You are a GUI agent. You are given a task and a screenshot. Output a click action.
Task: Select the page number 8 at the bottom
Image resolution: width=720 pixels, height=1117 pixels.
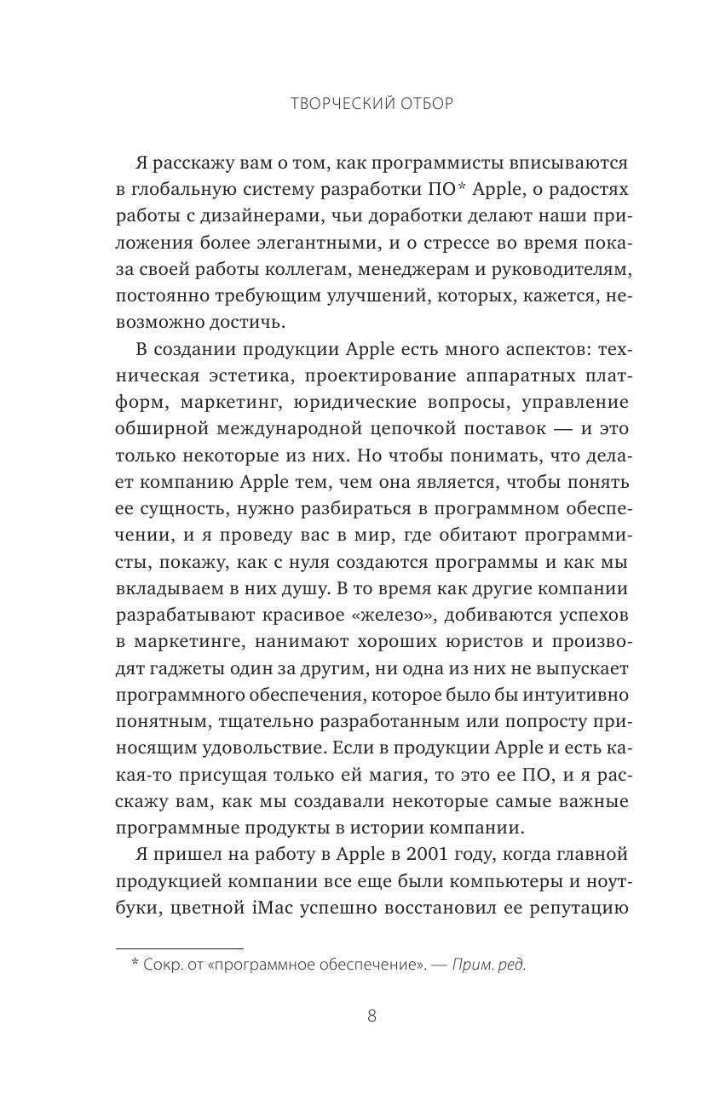click(x=372, y=1015)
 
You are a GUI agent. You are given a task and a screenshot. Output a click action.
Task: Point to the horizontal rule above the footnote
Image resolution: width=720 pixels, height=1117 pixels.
click(x=179, y=947)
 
